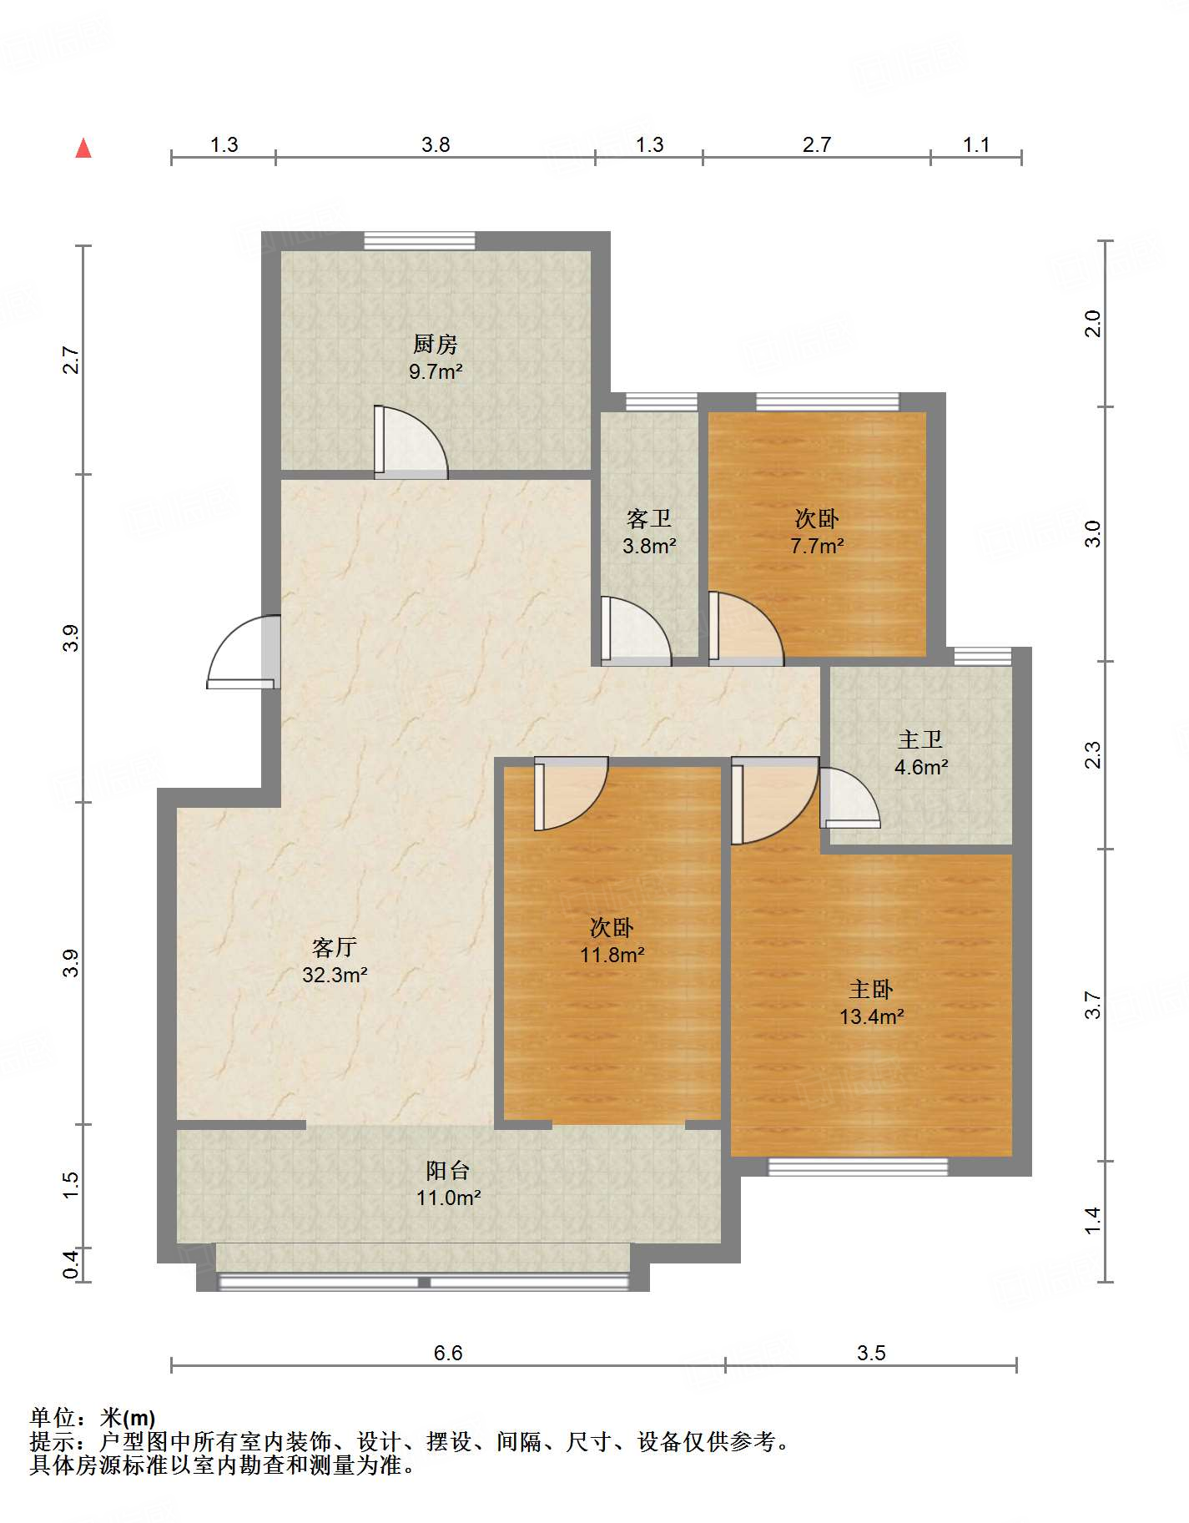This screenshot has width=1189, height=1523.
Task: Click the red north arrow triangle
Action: click(83, 149)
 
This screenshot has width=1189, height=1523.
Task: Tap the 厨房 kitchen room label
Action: click(436, 344)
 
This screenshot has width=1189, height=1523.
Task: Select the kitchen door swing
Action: click(411, 442)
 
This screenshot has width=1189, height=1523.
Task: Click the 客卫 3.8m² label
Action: click(649, 532)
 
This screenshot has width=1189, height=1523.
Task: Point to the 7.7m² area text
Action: click(817, 546)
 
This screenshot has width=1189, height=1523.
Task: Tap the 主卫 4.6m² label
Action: click(920, 753)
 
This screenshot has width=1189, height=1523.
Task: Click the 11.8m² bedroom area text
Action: click(612, 955)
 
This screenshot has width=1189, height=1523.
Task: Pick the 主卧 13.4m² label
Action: click(871, 1002)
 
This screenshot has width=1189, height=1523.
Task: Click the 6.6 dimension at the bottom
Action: click(448, 1353)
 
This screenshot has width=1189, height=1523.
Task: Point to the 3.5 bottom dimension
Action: click(871, 1353)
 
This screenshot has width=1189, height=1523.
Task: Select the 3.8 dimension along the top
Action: click(436, 144)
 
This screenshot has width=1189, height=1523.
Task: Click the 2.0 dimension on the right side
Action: click(1092, 323)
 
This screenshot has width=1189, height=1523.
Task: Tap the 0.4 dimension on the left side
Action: click(71, 1263)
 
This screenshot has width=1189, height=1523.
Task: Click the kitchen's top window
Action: click(420, 240)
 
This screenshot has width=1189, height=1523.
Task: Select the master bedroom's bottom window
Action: click(858, 1167)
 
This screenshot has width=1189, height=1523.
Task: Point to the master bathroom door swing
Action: click(849, 798)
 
